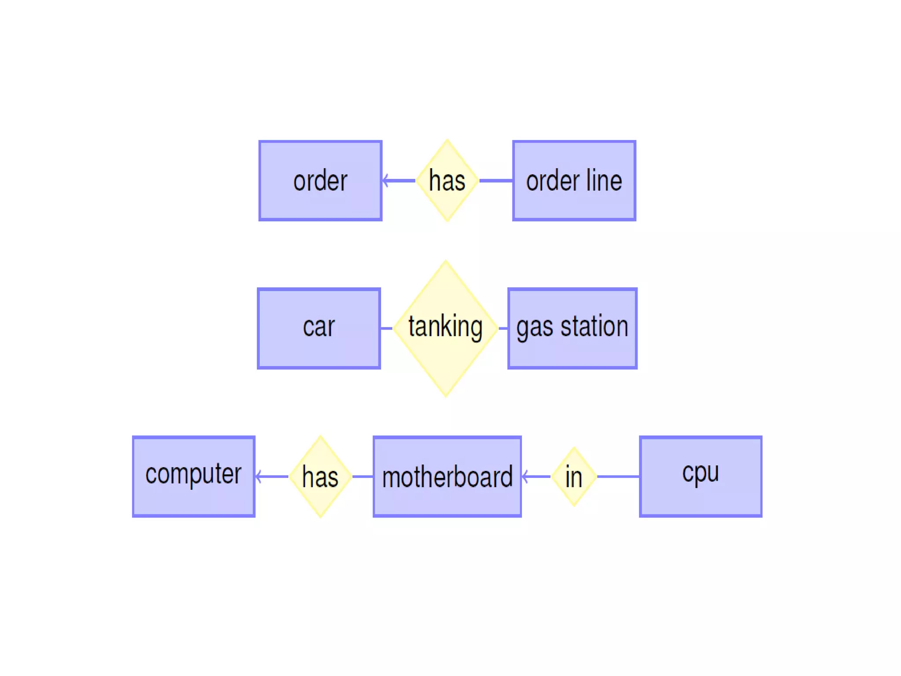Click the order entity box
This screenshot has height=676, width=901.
point(320,180)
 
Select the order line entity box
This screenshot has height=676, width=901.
point(574,180)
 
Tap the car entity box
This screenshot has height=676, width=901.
point(319,328)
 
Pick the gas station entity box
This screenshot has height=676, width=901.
point(572,328)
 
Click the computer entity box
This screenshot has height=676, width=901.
point(194,476)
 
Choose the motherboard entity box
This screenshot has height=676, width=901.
point(447,476)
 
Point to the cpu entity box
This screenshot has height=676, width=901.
point(700,476)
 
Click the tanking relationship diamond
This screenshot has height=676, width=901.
point(446,328)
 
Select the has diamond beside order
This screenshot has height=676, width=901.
point(447,180)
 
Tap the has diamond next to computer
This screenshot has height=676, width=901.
point(320,476)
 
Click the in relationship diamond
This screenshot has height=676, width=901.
point(574,476)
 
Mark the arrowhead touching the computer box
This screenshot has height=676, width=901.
point(259,476)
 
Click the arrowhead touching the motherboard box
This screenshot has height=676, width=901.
point(525,476)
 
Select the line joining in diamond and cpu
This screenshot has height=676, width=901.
point(618,476)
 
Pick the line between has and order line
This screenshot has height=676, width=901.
point(496,180)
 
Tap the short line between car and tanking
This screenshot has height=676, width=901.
point(386,328)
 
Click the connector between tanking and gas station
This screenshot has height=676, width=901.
point(503,328)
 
